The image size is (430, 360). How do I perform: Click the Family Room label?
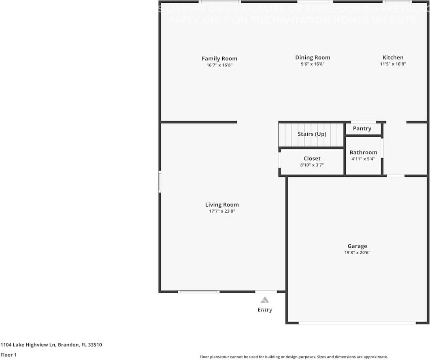(x=219, y=59)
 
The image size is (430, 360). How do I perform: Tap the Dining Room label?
(x=313, y=58)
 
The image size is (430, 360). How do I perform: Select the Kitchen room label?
(x=393, y=58)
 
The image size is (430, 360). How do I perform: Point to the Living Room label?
(x=222, y=205)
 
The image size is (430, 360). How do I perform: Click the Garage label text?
(x=357, y=246)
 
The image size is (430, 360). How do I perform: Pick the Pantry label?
(x=362, y=128)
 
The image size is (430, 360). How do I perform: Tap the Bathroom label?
(x=363, y=153)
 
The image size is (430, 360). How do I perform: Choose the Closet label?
(x=312, y=159)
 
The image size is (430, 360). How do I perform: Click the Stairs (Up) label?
(x=312, y=134)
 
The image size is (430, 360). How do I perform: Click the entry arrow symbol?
(x=264, y=300)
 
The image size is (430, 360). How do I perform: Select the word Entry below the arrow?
(x=265, y=310)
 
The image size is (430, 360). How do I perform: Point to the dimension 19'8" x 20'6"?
(x=357, y=253)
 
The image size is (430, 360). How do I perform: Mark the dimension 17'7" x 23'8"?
(x=222, y=211)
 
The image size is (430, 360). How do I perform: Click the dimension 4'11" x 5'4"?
(x=363, y=159)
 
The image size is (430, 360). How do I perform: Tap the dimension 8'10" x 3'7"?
(x=312, y=165)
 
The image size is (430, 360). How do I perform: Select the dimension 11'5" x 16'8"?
(x=393, y=64)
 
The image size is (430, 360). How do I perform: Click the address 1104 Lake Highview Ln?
(x=28, y=345)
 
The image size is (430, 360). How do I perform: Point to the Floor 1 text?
(x=9, y=355)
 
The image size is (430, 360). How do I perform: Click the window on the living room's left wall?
(x=160, y=182)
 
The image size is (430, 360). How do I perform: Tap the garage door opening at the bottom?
(x=357, y=323)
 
